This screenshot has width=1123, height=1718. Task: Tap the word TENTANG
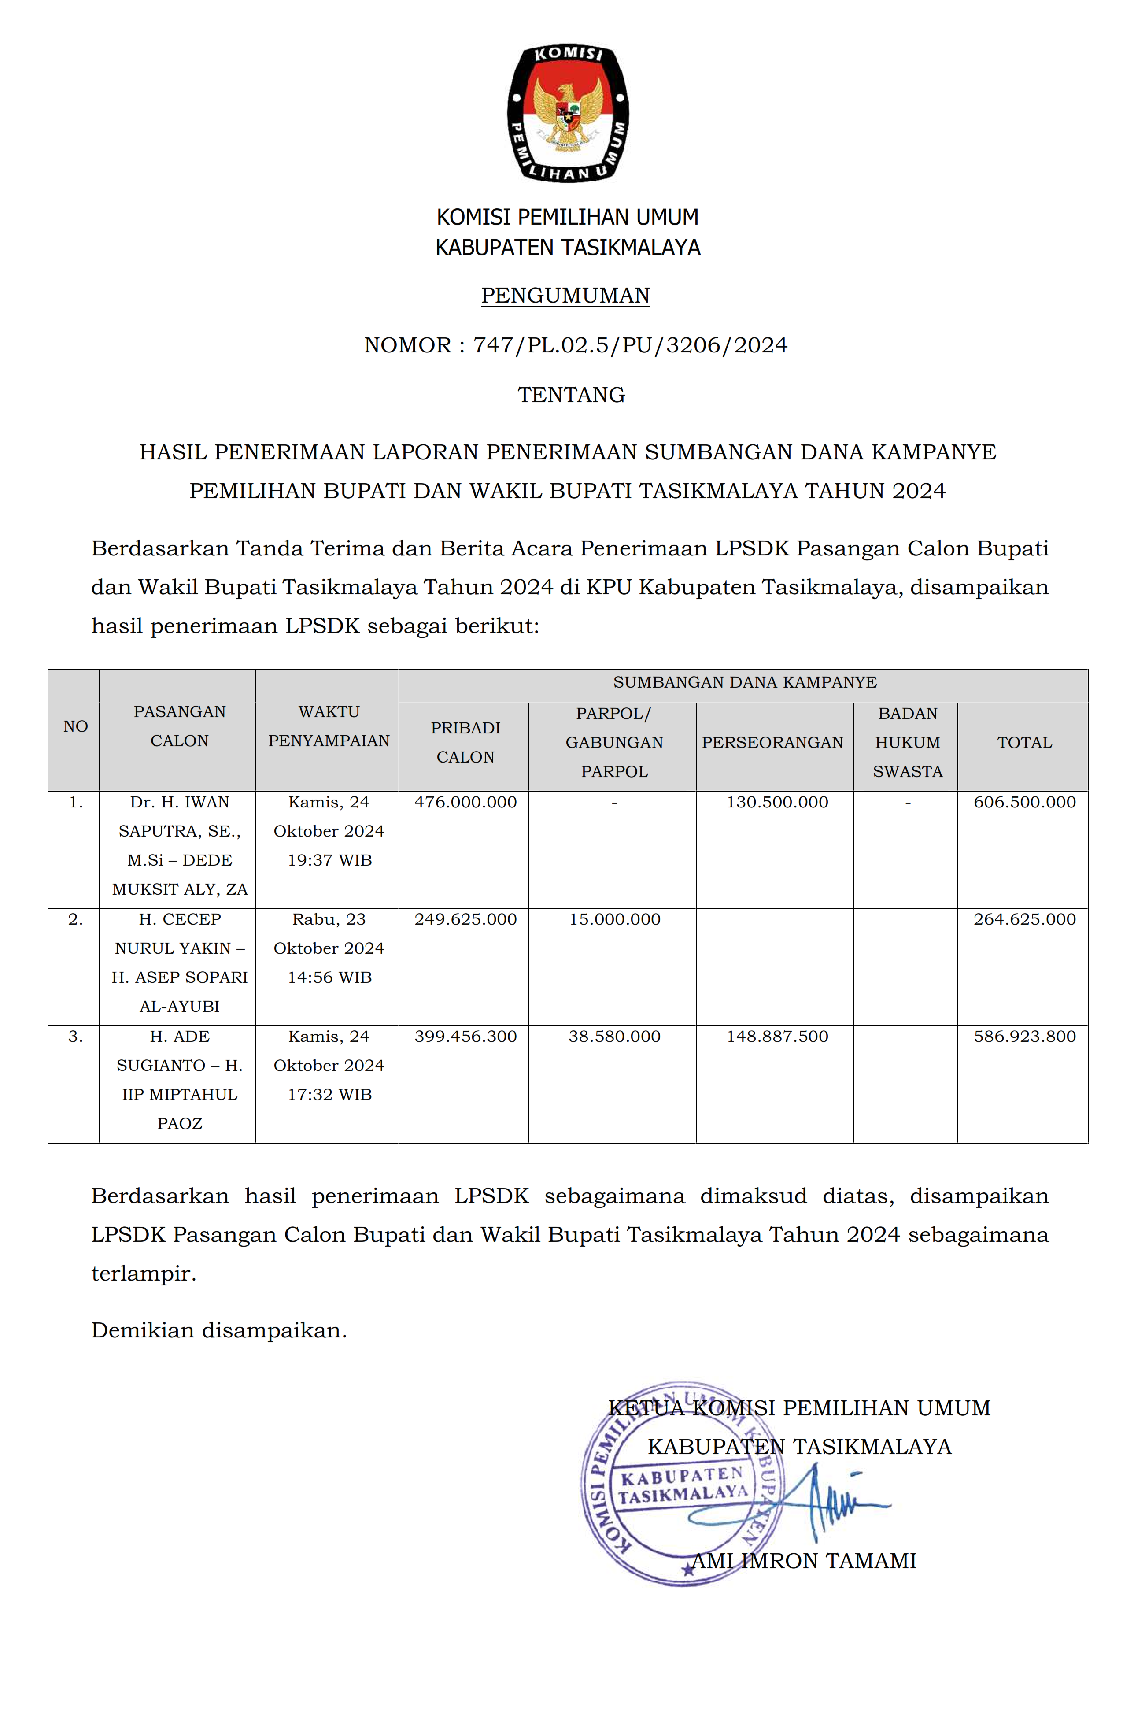pos(571,395)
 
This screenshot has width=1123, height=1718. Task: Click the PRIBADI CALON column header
pos(465,742)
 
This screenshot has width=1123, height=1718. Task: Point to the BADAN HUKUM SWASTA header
pos(907,742)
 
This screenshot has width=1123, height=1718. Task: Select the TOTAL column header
pos(1024,742)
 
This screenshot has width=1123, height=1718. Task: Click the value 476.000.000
pos(465,802)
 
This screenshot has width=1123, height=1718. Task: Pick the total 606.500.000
pos(1024,802)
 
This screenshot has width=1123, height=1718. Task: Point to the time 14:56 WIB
pos(329,977)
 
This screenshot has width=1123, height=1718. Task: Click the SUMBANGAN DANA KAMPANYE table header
pos(745,682)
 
